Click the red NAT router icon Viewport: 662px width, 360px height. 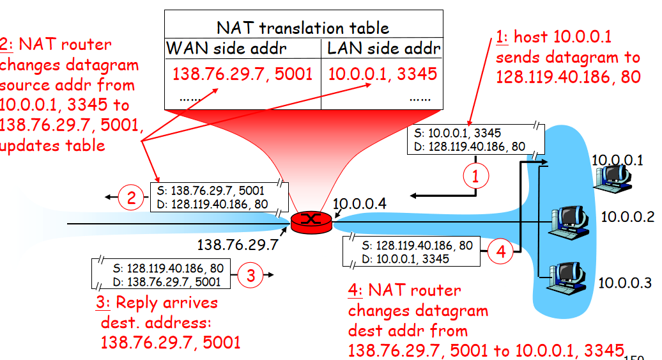[312, 221]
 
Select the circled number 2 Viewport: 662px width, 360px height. [131, 198]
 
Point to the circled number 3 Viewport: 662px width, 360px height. [250, 276]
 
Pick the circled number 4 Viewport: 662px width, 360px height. [500, 252]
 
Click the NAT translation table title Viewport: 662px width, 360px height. [303, 27]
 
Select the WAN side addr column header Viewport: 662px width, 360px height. [226, 49]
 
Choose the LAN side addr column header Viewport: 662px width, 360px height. [383, 49]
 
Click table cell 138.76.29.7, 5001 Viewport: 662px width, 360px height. [242, 74]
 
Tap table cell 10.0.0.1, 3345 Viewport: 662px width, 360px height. [383, 74]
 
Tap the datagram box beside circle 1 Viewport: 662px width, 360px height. [475, 139]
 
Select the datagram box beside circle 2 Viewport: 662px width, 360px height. [218, 198]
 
